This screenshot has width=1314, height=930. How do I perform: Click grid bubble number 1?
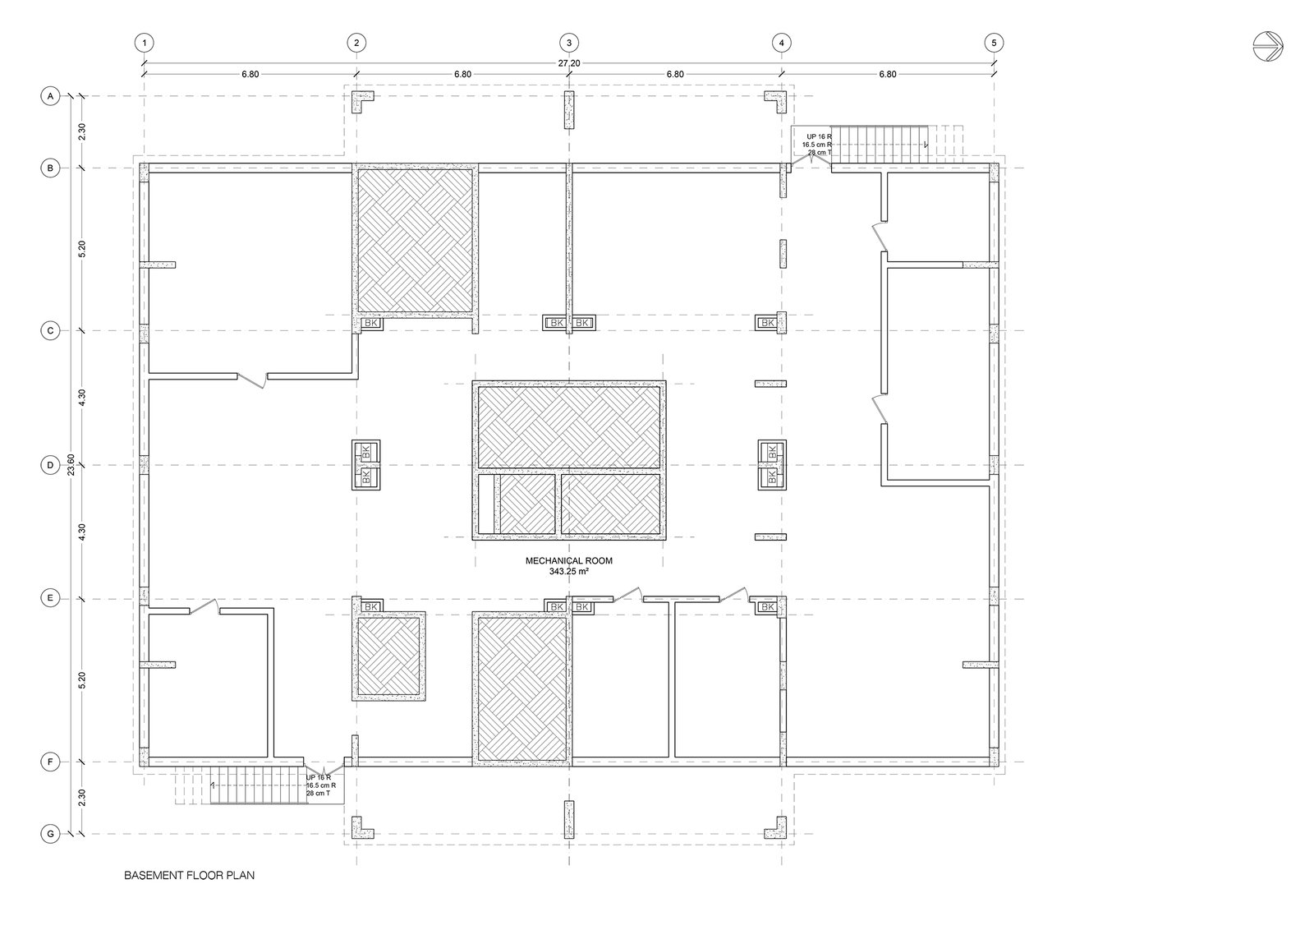pyautogui.click(x=145, y=43)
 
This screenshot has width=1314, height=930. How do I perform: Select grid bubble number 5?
pyautogui.click(x=994, y=43)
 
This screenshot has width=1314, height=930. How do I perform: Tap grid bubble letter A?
pyautogui.click(x=50, y=95)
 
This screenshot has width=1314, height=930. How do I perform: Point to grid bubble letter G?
pyautogui.click(x=50, y=834)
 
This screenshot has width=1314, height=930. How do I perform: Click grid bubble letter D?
pyautogui.click(x=50, y=465)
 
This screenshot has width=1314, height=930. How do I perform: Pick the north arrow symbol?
pyautogui.click(x=1268, y=46)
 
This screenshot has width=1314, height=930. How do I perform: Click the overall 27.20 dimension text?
pyautogui.click(x=569, y=62)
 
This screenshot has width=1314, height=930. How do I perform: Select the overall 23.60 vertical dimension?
pyautogui.click(x=71, y=465)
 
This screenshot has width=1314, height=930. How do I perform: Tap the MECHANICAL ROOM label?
pyautogui.click(x=568, y=561)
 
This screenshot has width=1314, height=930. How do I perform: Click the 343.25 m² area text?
pyautogui.click(x=568, y=571)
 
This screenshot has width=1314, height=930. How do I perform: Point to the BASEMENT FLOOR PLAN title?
pyautogui.click(x=189, y=876)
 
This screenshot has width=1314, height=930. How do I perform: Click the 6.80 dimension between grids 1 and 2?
pyautogui.click(x=250, y=75)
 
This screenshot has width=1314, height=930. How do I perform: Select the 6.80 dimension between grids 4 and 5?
pyautogui.click(x=888, y=75)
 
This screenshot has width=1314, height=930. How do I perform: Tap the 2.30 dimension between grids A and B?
pyautogui.click(x=82, y=131)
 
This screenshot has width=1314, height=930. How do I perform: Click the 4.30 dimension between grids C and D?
pyautogui.click(x=82, y=398)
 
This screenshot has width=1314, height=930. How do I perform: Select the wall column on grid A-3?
pyautogui.click(x=569, y=110)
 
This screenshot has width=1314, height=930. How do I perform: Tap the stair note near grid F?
pyautogui.click(x=320, y=785)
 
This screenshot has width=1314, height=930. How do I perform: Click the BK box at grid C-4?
pyautogui.click(x=767, y=323)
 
